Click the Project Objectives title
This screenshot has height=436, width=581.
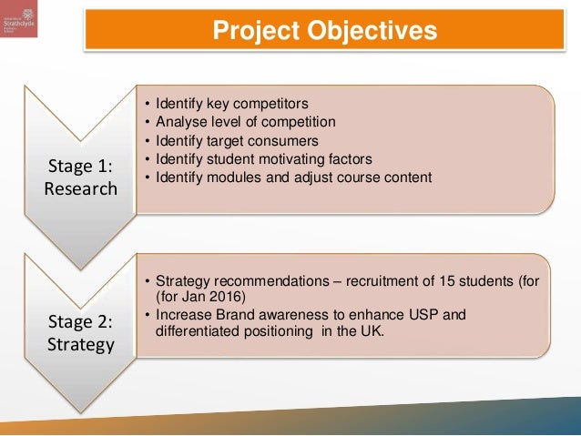click(324, 32)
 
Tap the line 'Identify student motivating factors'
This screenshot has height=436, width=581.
click(264, 158)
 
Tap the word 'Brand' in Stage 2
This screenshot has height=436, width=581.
click(237, 315)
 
